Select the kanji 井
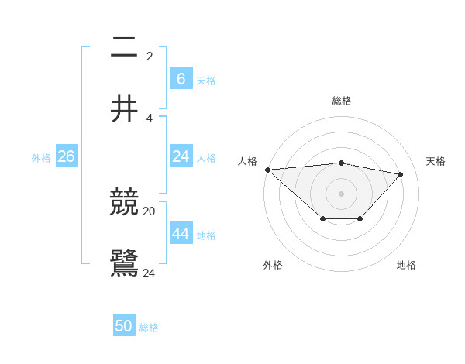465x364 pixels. (x=125, y=108)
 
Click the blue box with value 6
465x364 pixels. (x=181, y=78)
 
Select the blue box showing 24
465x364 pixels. (x=181, y=156)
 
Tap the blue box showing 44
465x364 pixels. (x=181, y=234)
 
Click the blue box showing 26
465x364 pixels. (x=66, y=156)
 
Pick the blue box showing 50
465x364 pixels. (x=124, y=326)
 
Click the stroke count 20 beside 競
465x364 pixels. (x=149, y=211)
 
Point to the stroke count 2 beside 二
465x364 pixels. (x=149, y=56)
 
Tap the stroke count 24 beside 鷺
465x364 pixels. (x=149, y=273)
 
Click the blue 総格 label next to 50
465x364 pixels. (x=149, y=328)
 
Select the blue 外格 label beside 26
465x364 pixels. (x=41, y=157)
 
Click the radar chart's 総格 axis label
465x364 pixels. (x=341, y=101)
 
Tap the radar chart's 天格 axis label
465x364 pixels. (x=436, y=161)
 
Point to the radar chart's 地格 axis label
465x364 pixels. (x=406, y=265)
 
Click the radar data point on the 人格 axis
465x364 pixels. (x=267, y=170)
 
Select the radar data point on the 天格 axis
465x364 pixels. (x=400, y=174)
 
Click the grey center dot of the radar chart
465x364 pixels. (x=341, y=193)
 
